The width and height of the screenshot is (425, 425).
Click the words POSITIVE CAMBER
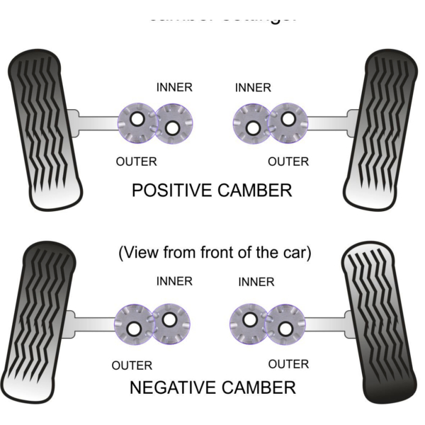pyautogui.click(x=212, y=191)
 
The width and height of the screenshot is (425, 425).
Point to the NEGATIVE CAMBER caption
pyautogui.click(x=212, y=387)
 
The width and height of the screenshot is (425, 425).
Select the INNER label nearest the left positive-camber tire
pyautogui.click(x=174, y=88)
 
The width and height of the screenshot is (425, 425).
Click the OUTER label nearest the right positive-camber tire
pyautogui.click(x=288, y=161)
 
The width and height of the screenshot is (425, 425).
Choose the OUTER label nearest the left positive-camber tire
pyautogui.click(x=136, y=161)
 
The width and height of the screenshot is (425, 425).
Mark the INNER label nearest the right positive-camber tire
pyautogui.click(x=253, y=88)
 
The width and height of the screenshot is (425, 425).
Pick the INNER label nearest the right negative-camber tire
pyautogui.click(x=256, y=282)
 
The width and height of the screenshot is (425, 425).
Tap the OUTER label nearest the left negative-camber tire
pyautogui.click(x=132, y=366)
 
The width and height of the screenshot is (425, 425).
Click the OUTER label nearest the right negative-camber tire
pyautogui.click(x=288, y=364)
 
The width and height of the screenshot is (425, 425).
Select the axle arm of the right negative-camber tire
pyautogui.click(x=326, y=324)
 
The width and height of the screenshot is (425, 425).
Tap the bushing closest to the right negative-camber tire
pyautogui.click(x=285, y=325)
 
